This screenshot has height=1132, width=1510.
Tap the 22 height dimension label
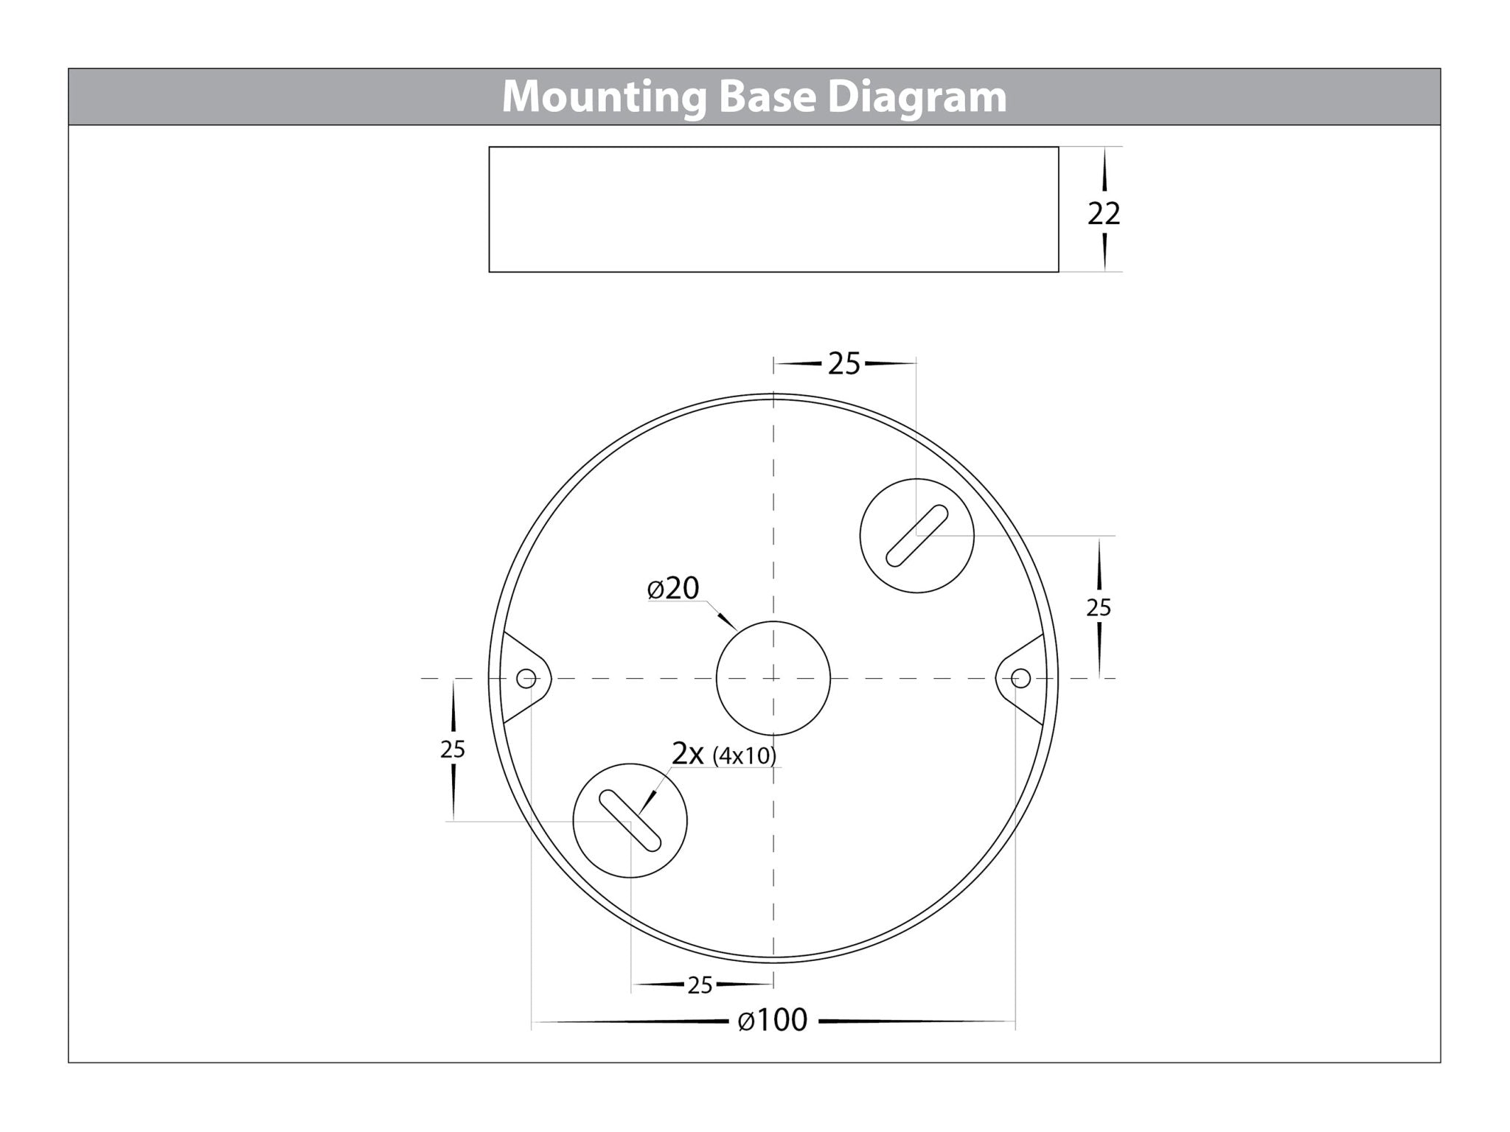[1104, 214]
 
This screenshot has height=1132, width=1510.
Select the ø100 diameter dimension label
[773, 1021]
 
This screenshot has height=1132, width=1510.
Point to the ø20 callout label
[673, 588]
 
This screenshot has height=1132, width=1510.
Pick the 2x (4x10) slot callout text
[723, 755]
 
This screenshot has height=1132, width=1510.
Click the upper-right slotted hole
[916, 536]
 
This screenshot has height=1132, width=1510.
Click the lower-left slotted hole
[630, 820]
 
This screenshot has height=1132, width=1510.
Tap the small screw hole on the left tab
[526, 678]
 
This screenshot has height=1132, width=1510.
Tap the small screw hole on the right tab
[1020, 678]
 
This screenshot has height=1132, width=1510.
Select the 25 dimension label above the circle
[844, 364]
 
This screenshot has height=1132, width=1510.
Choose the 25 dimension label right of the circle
[1099, 608]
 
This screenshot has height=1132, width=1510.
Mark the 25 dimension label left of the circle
[453, 750]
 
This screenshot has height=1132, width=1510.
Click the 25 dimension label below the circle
[700, 985]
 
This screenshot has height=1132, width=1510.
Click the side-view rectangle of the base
[773, 209]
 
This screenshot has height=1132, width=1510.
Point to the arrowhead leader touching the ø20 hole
[728, 621]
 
